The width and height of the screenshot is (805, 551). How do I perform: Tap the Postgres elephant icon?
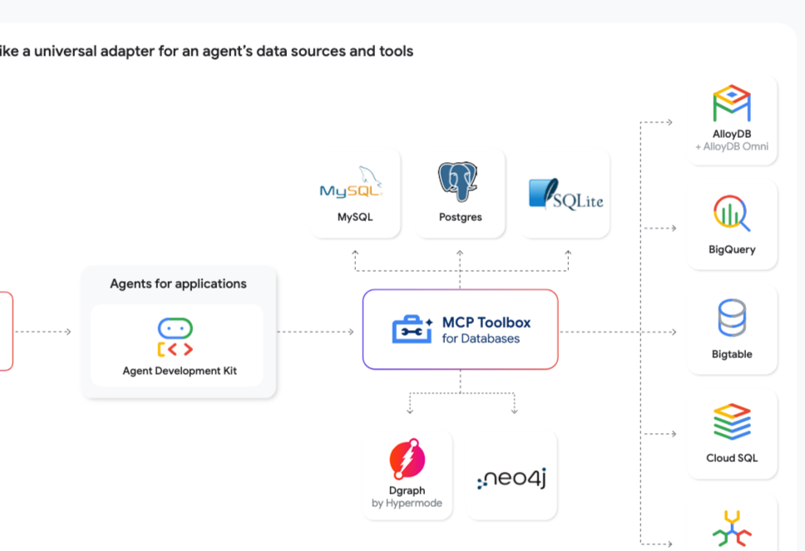coord(460,182)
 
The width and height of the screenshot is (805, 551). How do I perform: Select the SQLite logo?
coord(565,194)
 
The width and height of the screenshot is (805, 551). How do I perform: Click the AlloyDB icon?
coord(732,104)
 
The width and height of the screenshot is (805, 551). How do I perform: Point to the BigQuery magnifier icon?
coord(732,214)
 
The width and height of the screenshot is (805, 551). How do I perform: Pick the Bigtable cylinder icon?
coord(732,318)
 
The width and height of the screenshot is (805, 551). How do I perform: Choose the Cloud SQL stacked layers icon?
coord(732,422)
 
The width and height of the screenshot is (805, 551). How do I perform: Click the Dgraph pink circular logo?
coord(407,460)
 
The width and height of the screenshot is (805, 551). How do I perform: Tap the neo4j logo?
coord(511,478)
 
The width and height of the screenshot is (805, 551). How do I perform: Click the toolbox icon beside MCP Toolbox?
coord(412,329)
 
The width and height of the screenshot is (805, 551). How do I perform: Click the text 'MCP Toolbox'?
coord(486,322)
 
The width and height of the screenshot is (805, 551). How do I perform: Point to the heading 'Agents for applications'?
coord(178,284)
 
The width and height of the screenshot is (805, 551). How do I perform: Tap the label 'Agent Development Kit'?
coord(179,371)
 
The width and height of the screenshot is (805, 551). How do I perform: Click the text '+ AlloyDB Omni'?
coord(732,147)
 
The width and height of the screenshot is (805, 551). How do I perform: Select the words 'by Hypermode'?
coord(407,504)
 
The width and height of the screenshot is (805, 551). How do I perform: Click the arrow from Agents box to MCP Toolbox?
coord(316,332)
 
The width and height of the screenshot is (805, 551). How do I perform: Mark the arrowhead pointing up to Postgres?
coord(460,253)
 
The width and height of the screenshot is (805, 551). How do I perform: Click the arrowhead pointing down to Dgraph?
coord(409,411)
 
